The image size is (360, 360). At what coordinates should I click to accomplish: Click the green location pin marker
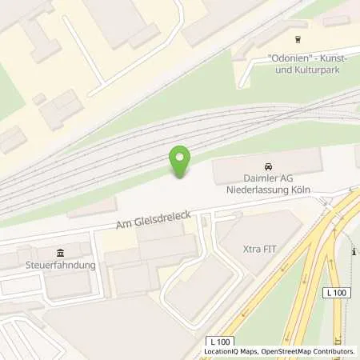pos(181,161)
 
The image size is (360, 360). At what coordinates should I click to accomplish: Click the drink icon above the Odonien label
pos(299,39)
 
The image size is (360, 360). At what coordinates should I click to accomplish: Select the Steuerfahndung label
pos(60,265)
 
